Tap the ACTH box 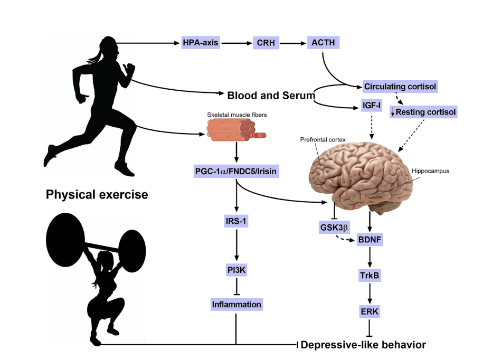[323, 43]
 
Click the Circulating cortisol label [401, 86]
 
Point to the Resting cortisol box [423, 112]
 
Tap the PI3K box [236, 270]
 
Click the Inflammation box [236, 305]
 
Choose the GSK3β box [334, 228]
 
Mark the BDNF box [373, 239]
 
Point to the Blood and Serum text [271, 96]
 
